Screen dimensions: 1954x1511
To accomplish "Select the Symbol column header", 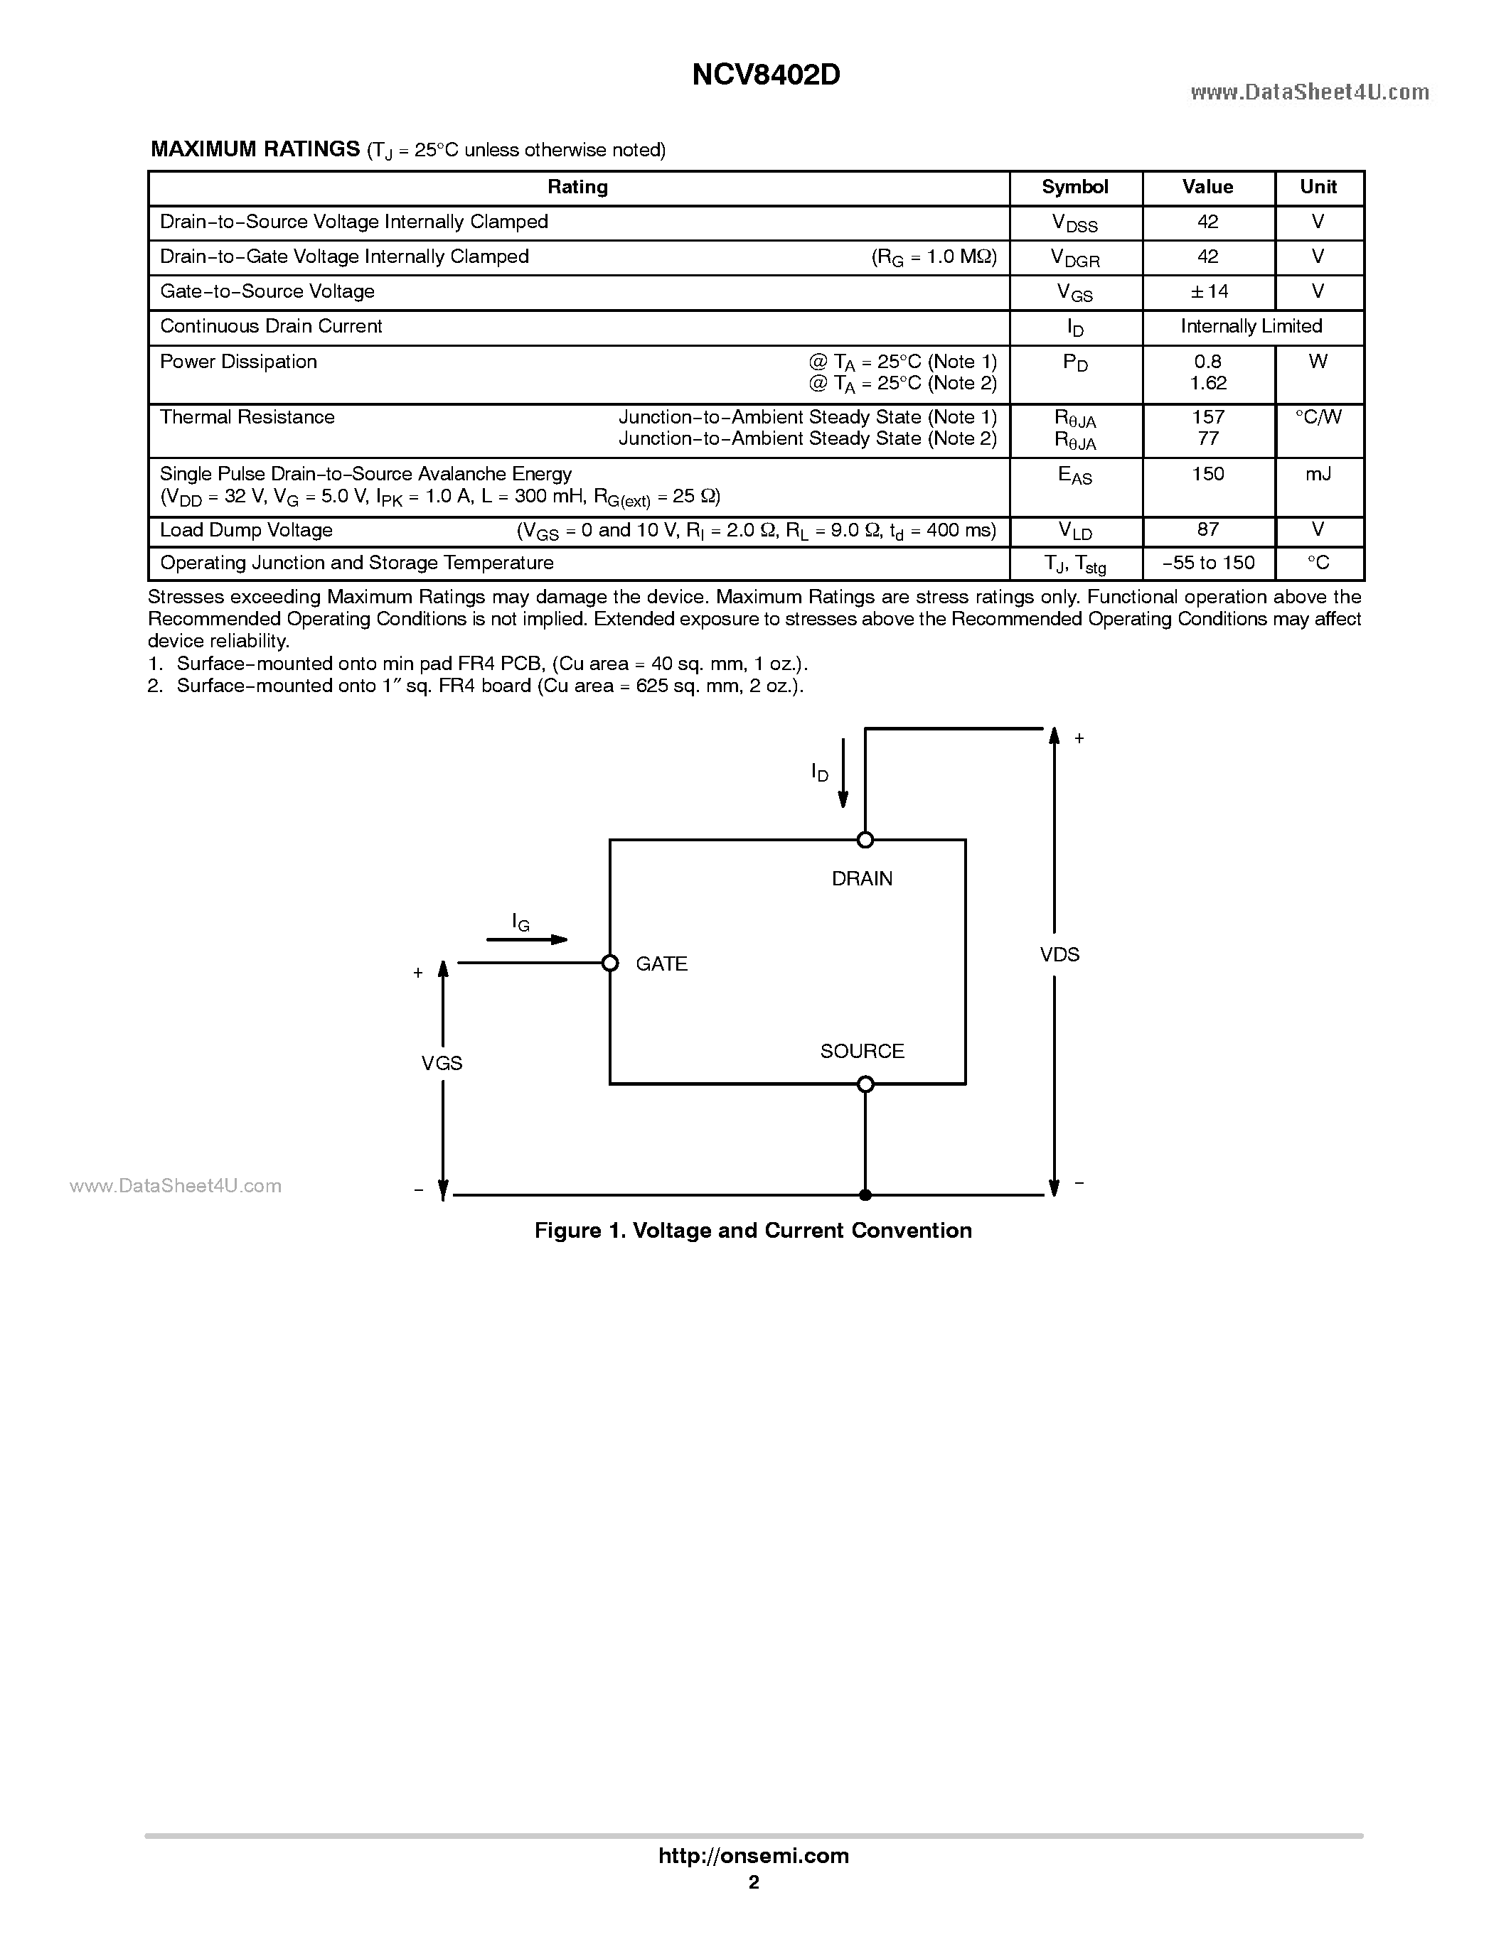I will [x=1074, y=187].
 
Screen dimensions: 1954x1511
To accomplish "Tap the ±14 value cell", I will [x=1207, y=291].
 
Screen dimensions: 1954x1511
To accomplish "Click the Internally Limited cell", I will [x=1251, y=327].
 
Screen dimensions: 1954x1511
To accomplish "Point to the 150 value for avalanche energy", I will [x=1207, y=474].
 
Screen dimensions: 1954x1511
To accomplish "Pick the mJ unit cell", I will [x=1318, y=474].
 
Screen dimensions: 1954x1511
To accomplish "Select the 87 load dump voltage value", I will [x=1207, y=529].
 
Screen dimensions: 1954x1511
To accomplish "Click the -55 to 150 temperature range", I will [x=1207, y=563].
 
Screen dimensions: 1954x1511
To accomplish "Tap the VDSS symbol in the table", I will [x=1074, y=224].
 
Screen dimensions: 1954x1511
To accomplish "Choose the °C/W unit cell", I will [x=1318, y=418].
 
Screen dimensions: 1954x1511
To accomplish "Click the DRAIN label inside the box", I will [x=862, y=878].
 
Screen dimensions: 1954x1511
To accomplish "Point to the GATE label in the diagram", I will [x=661, y=963].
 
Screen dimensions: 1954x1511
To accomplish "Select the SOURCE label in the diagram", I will [x=862, y=1052].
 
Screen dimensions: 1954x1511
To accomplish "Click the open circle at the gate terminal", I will [x=611, y=963].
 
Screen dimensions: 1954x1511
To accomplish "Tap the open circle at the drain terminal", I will [x=865, y=839].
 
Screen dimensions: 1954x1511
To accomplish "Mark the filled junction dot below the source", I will [x=865, y=1194].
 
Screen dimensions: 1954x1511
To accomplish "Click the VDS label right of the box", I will [x=1060, y=955].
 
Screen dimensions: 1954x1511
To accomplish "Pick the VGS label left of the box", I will [x=442, y=1063].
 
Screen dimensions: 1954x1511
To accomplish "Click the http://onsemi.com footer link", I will [x=754, y=1855].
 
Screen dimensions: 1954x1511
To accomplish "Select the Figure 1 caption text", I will [x=753, y=1230].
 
